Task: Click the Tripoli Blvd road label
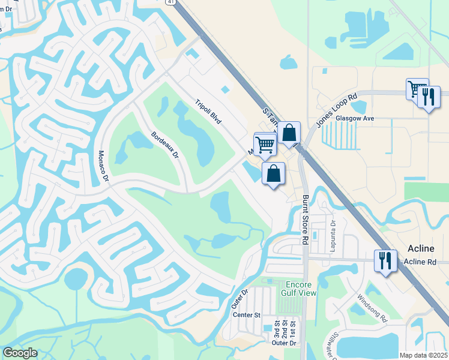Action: point(208,112)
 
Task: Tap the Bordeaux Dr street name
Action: point(165,145)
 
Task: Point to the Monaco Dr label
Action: point(102,166)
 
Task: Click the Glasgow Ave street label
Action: point(355,119)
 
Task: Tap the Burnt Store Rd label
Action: point(305,220)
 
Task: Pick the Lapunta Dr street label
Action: point(332,231)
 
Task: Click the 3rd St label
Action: point(277,332)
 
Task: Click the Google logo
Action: point(20,353)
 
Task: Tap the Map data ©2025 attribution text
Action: point(423,355)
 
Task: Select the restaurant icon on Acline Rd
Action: point(385,261)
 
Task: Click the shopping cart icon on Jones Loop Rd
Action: point(416,89)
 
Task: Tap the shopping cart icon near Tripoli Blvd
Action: point(264,144)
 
